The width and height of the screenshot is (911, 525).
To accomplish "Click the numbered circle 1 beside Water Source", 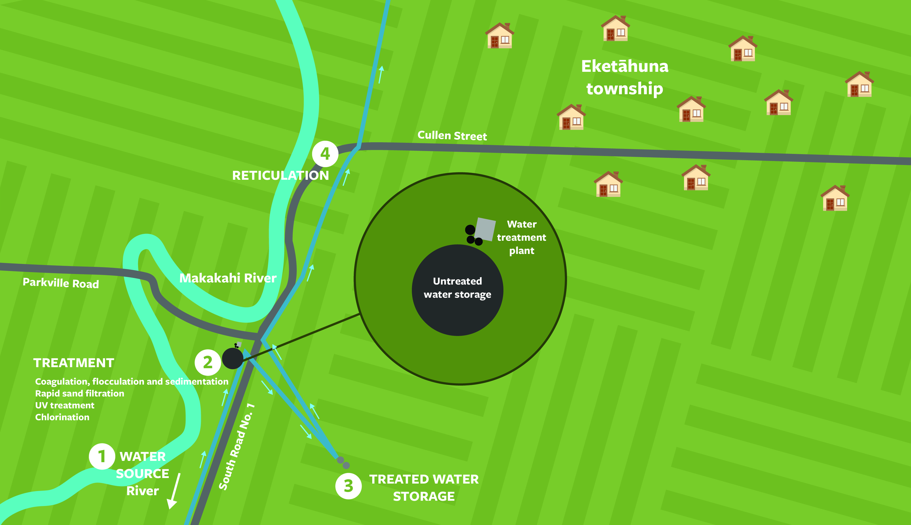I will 102,456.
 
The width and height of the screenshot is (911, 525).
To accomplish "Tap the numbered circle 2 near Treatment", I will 208,362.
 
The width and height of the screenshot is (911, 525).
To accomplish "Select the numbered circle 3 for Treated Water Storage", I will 348,486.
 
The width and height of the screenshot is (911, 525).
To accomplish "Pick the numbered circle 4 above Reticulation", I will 325,154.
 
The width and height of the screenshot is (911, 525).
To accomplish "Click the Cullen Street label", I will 452,136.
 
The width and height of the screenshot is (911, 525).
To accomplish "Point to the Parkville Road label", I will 60,283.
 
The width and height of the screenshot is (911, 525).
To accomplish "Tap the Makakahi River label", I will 228,278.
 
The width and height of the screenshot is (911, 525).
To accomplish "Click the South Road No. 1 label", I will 237,447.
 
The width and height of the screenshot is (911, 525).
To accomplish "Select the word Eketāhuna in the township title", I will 625,66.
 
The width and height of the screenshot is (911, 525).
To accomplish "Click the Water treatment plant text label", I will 521,237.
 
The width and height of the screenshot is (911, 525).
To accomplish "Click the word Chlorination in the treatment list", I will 62,417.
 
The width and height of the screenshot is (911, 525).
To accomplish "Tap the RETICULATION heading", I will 280,176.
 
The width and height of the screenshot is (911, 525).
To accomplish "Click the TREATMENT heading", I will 74,363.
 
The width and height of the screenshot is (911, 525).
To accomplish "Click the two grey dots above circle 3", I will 343,462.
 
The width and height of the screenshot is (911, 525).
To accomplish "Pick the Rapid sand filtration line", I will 80,393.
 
